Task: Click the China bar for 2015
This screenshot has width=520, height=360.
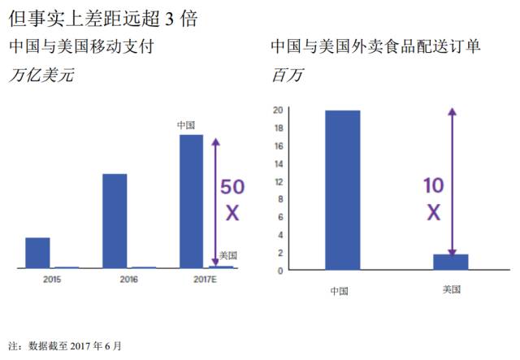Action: coord(37,253)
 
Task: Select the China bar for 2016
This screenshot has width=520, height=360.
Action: coord(115,220)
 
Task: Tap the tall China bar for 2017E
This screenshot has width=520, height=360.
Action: coord(191,201)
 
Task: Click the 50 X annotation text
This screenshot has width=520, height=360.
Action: coord(232,200)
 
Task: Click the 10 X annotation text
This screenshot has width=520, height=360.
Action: coord(433,198)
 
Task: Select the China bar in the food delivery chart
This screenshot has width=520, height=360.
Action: coord(342,189)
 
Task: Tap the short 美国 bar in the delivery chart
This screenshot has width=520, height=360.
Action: coord(450,262)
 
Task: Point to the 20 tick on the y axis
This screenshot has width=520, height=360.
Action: coord(278,110)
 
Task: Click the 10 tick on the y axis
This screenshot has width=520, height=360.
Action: coord(278,199)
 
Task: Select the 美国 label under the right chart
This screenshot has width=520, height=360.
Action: coord(452,289)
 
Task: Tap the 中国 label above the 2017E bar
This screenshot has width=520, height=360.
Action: coord(188,126)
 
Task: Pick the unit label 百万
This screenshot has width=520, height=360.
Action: coord(285,76)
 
